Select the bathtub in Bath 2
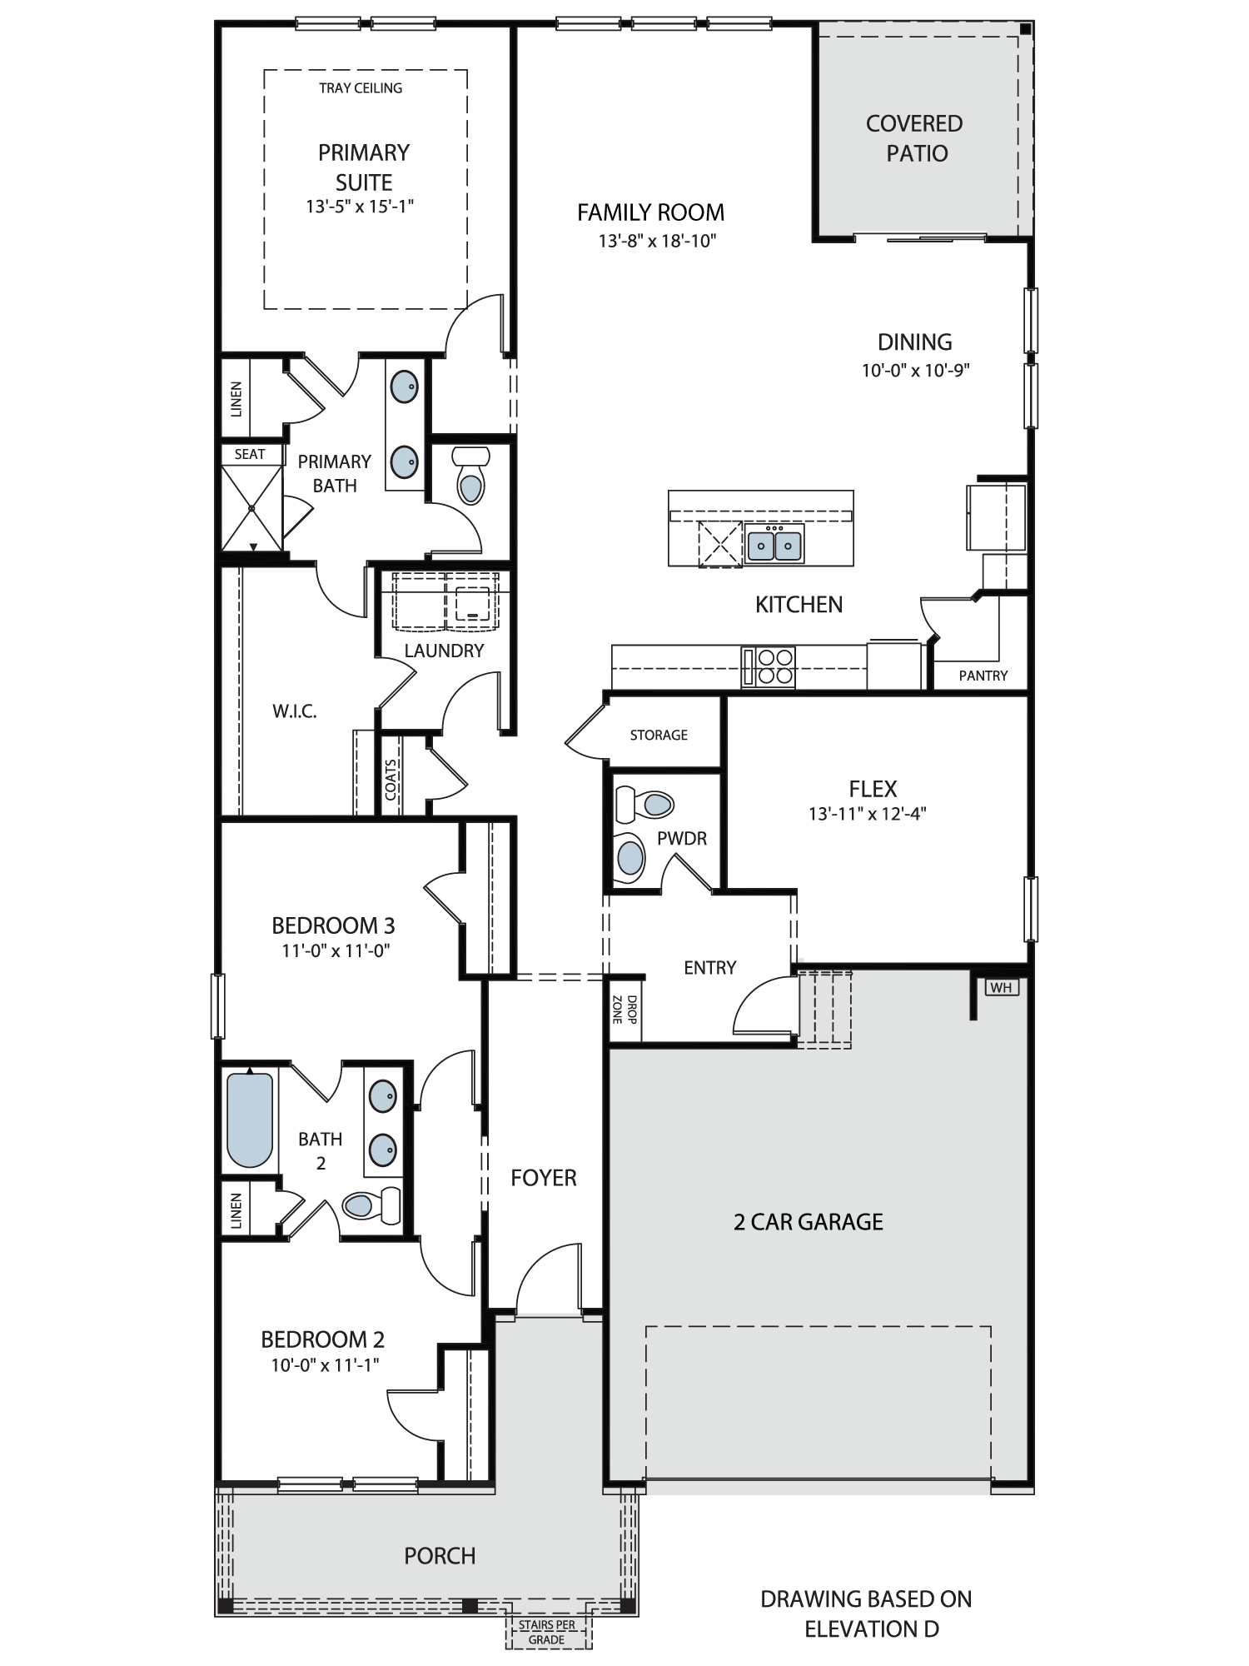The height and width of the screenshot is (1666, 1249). [250, 1120]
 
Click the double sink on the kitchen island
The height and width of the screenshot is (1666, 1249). [774, 545]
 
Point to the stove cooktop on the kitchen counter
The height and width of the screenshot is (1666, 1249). [769, 666]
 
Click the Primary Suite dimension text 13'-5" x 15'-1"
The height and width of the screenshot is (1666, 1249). [360, 206]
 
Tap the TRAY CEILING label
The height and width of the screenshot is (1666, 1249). [361, 87]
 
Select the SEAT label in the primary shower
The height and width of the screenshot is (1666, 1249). [250, 454]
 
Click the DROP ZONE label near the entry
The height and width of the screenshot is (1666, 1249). [624, 1009]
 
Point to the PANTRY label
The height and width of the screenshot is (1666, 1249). [983, 676]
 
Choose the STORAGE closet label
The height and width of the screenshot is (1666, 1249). [659, 735]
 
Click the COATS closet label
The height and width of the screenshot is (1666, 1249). [391, 779]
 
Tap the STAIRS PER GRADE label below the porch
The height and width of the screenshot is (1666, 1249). [547, 1633]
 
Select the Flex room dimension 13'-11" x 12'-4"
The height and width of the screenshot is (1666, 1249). [868, 813]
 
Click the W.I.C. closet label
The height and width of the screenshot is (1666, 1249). [295, 711]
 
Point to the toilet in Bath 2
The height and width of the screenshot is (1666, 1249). [371, 1205]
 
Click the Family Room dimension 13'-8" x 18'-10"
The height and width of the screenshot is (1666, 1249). [657, 241]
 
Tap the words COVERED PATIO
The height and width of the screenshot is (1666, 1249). [915, 138]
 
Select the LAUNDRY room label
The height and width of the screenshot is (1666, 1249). [444, 651]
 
